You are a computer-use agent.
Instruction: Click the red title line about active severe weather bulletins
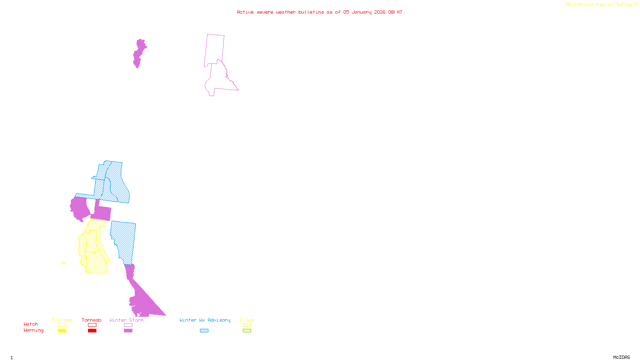click(x=319, y=12)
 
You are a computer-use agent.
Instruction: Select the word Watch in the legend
click(x=31, y=324)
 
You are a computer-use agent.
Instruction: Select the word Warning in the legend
click(x=33, y=330)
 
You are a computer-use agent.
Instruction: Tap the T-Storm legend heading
click(x=62, y=320)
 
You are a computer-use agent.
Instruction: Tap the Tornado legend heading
click(x=92, y=320)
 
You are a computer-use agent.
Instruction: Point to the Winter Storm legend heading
click(x=126, y=320)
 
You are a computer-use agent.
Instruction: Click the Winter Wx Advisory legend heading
click(x=205, y=320)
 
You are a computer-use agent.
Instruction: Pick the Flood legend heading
click(x=247, y=320)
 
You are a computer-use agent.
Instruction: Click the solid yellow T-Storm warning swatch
click(x=62, y=331)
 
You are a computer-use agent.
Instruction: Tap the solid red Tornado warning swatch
click(x=92, y=331)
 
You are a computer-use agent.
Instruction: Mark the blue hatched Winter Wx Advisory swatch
click(x=204, y=331)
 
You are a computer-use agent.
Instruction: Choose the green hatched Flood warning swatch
click(x=247, y=331)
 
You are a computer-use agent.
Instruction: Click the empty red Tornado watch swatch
click(x=92, y=325)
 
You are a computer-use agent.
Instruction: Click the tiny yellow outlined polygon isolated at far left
click(x=64, y=263)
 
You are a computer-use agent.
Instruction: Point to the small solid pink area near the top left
click(x=139, y=53)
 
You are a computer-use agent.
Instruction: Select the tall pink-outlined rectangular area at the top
click(x=215, y=50)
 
